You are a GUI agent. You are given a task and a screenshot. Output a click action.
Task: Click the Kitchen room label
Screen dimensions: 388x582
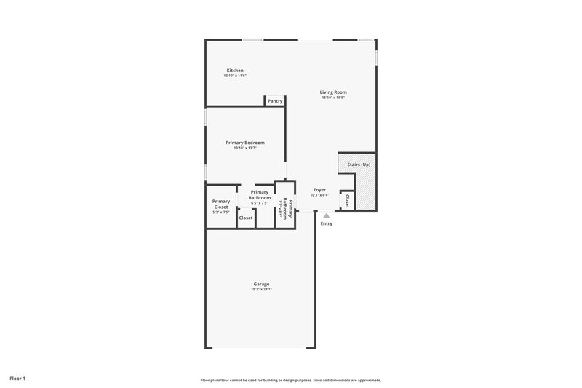[x=235, y=71]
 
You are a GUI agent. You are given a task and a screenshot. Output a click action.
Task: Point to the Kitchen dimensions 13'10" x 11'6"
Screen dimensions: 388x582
[x=235, y=76]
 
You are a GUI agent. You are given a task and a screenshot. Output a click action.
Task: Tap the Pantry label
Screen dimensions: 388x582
[x=274, y=101]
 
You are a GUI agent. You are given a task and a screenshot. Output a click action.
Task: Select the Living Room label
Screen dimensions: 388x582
[x=332, y=92]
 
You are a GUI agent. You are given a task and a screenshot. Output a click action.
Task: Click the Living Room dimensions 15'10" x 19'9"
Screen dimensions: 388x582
[x=332, y=98]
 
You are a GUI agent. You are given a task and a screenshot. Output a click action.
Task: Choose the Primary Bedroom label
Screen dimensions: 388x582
[x=244, y=143]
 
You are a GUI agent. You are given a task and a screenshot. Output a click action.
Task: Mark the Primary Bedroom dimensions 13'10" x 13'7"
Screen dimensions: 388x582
[x=244, y=149]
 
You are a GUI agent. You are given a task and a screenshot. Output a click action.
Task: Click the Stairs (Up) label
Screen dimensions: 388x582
[x=359, y=165]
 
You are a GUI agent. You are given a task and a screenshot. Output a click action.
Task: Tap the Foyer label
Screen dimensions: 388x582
[x=319, y=189]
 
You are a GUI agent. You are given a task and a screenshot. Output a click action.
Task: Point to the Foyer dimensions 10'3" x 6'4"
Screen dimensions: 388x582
[x=319, y=195]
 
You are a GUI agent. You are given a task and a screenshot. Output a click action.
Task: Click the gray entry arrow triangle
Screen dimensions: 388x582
[x=327, y=215]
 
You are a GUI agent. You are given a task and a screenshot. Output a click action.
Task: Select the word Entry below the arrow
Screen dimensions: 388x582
[x=327, y=223]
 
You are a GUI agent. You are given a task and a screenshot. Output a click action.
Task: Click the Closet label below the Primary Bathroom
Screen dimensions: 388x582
[x=246, y=218]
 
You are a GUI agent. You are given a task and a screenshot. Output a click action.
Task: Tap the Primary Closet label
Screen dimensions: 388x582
[x=221, y=205]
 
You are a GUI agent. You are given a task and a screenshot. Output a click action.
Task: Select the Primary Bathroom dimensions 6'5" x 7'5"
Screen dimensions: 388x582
[x=260, y=203]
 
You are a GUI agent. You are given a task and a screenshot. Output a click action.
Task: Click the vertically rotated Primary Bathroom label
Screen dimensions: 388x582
[x=289, y=209]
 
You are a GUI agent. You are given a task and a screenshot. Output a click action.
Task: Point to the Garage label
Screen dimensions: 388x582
[x=261, y=284]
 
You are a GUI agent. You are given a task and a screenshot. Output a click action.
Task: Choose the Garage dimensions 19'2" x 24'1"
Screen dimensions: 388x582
[x=261, y=289]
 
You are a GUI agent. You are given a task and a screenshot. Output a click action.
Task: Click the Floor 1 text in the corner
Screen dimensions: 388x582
[x=17, y=379]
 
